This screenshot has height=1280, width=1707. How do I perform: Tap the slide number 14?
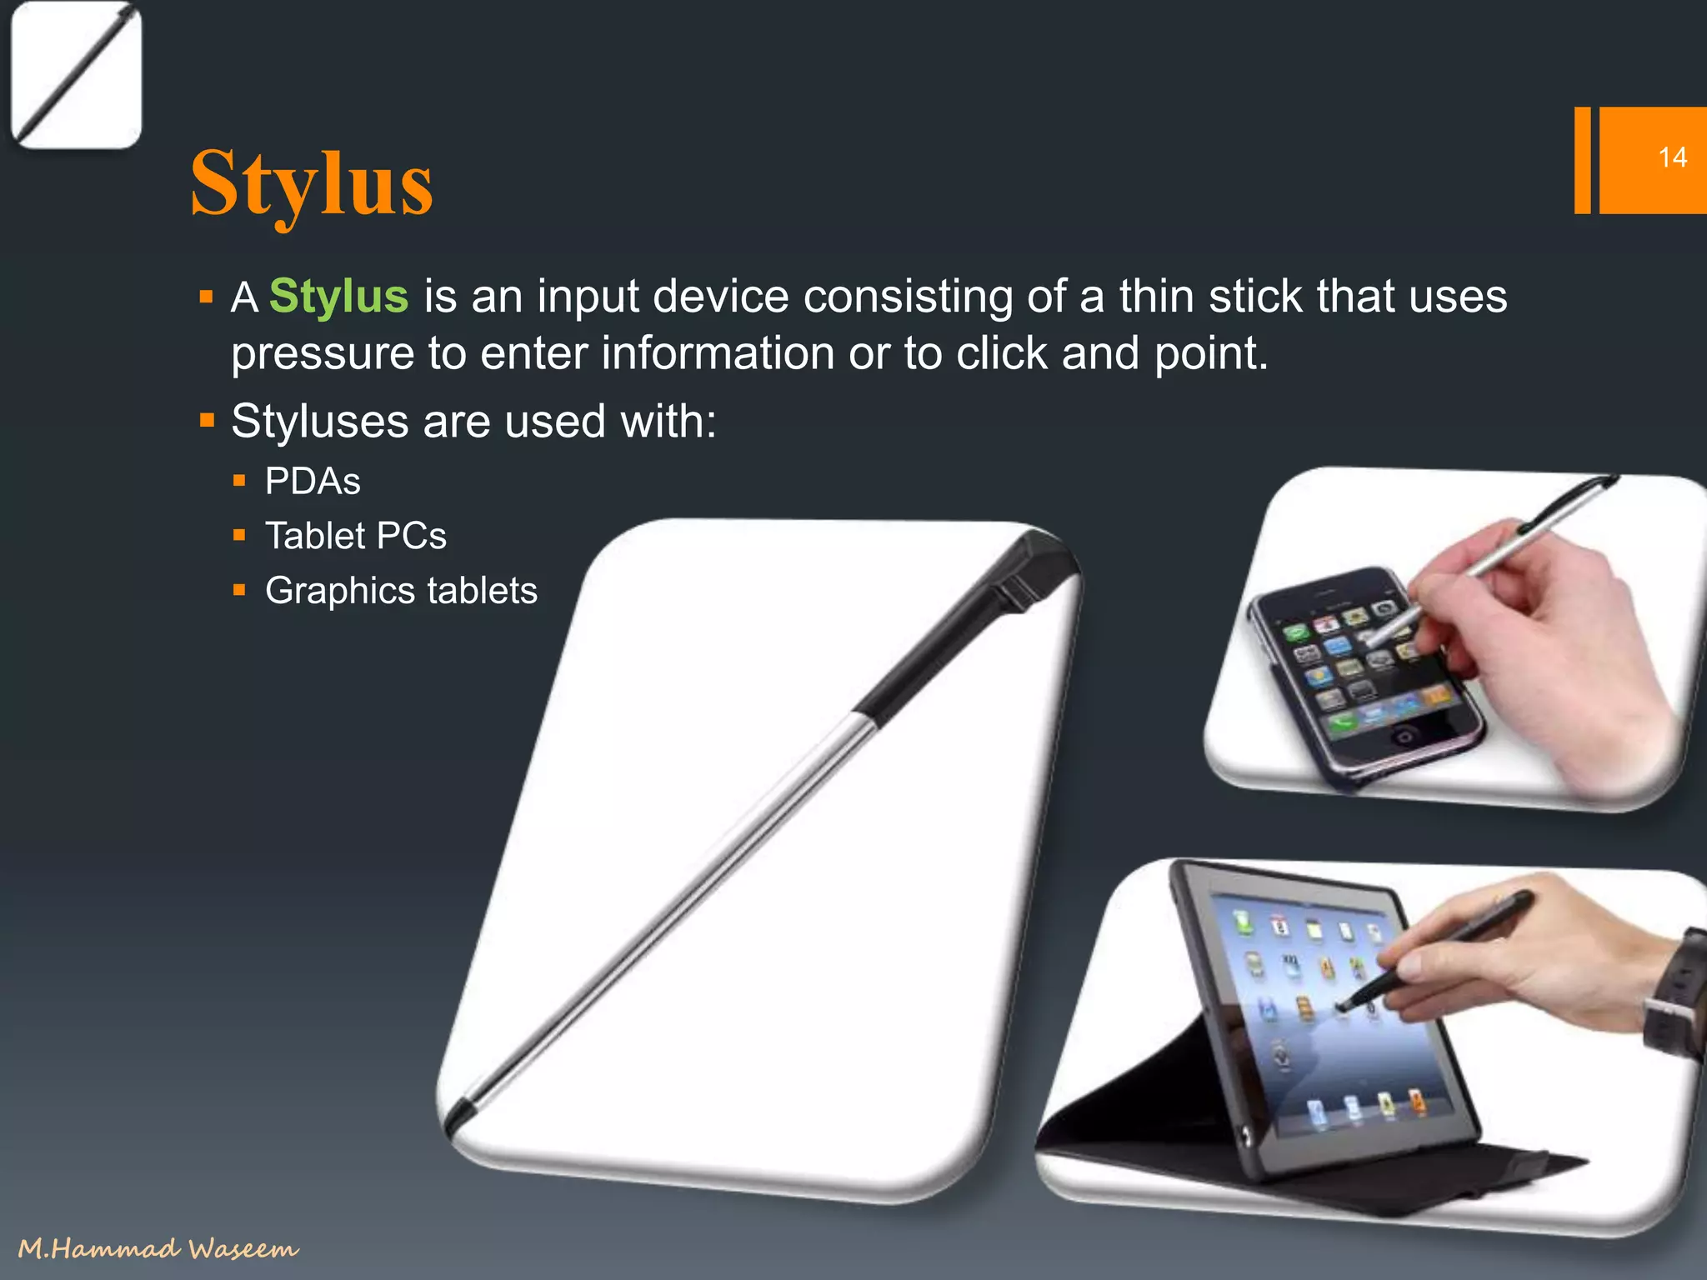click(1671, 157)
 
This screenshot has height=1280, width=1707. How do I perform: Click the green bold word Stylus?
click(338, 297)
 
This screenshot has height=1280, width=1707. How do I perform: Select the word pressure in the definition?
click(322, 355)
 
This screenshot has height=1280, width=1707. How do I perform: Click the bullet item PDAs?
click(313, 482)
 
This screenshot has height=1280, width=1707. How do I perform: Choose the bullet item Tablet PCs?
click(356, 536)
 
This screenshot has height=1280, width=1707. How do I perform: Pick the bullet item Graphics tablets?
click(401, 591)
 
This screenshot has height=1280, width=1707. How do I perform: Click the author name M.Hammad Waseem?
click(158, 1247)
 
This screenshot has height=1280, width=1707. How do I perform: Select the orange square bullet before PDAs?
click(240, 481)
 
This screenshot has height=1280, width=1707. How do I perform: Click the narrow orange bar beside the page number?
click(1581, 160)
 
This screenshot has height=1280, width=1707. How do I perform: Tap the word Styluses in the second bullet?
click(318, 421)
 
